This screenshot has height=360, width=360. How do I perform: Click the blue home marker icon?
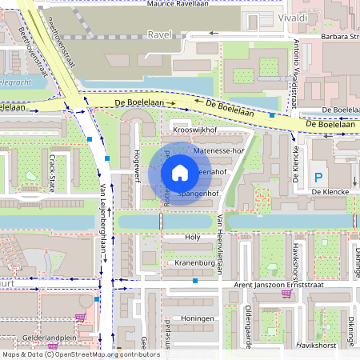(x=180, y=172)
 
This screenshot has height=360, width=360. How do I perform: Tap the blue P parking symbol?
(x=319, y=177)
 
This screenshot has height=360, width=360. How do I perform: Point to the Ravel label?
(x=161, y=35)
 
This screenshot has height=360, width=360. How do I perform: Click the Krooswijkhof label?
(x=195, y=129)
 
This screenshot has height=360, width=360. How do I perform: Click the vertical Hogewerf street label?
(x=137, y=166)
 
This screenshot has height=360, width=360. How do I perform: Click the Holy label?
(x=193, y=238)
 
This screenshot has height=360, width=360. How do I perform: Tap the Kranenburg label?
(x=191, y=262)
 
